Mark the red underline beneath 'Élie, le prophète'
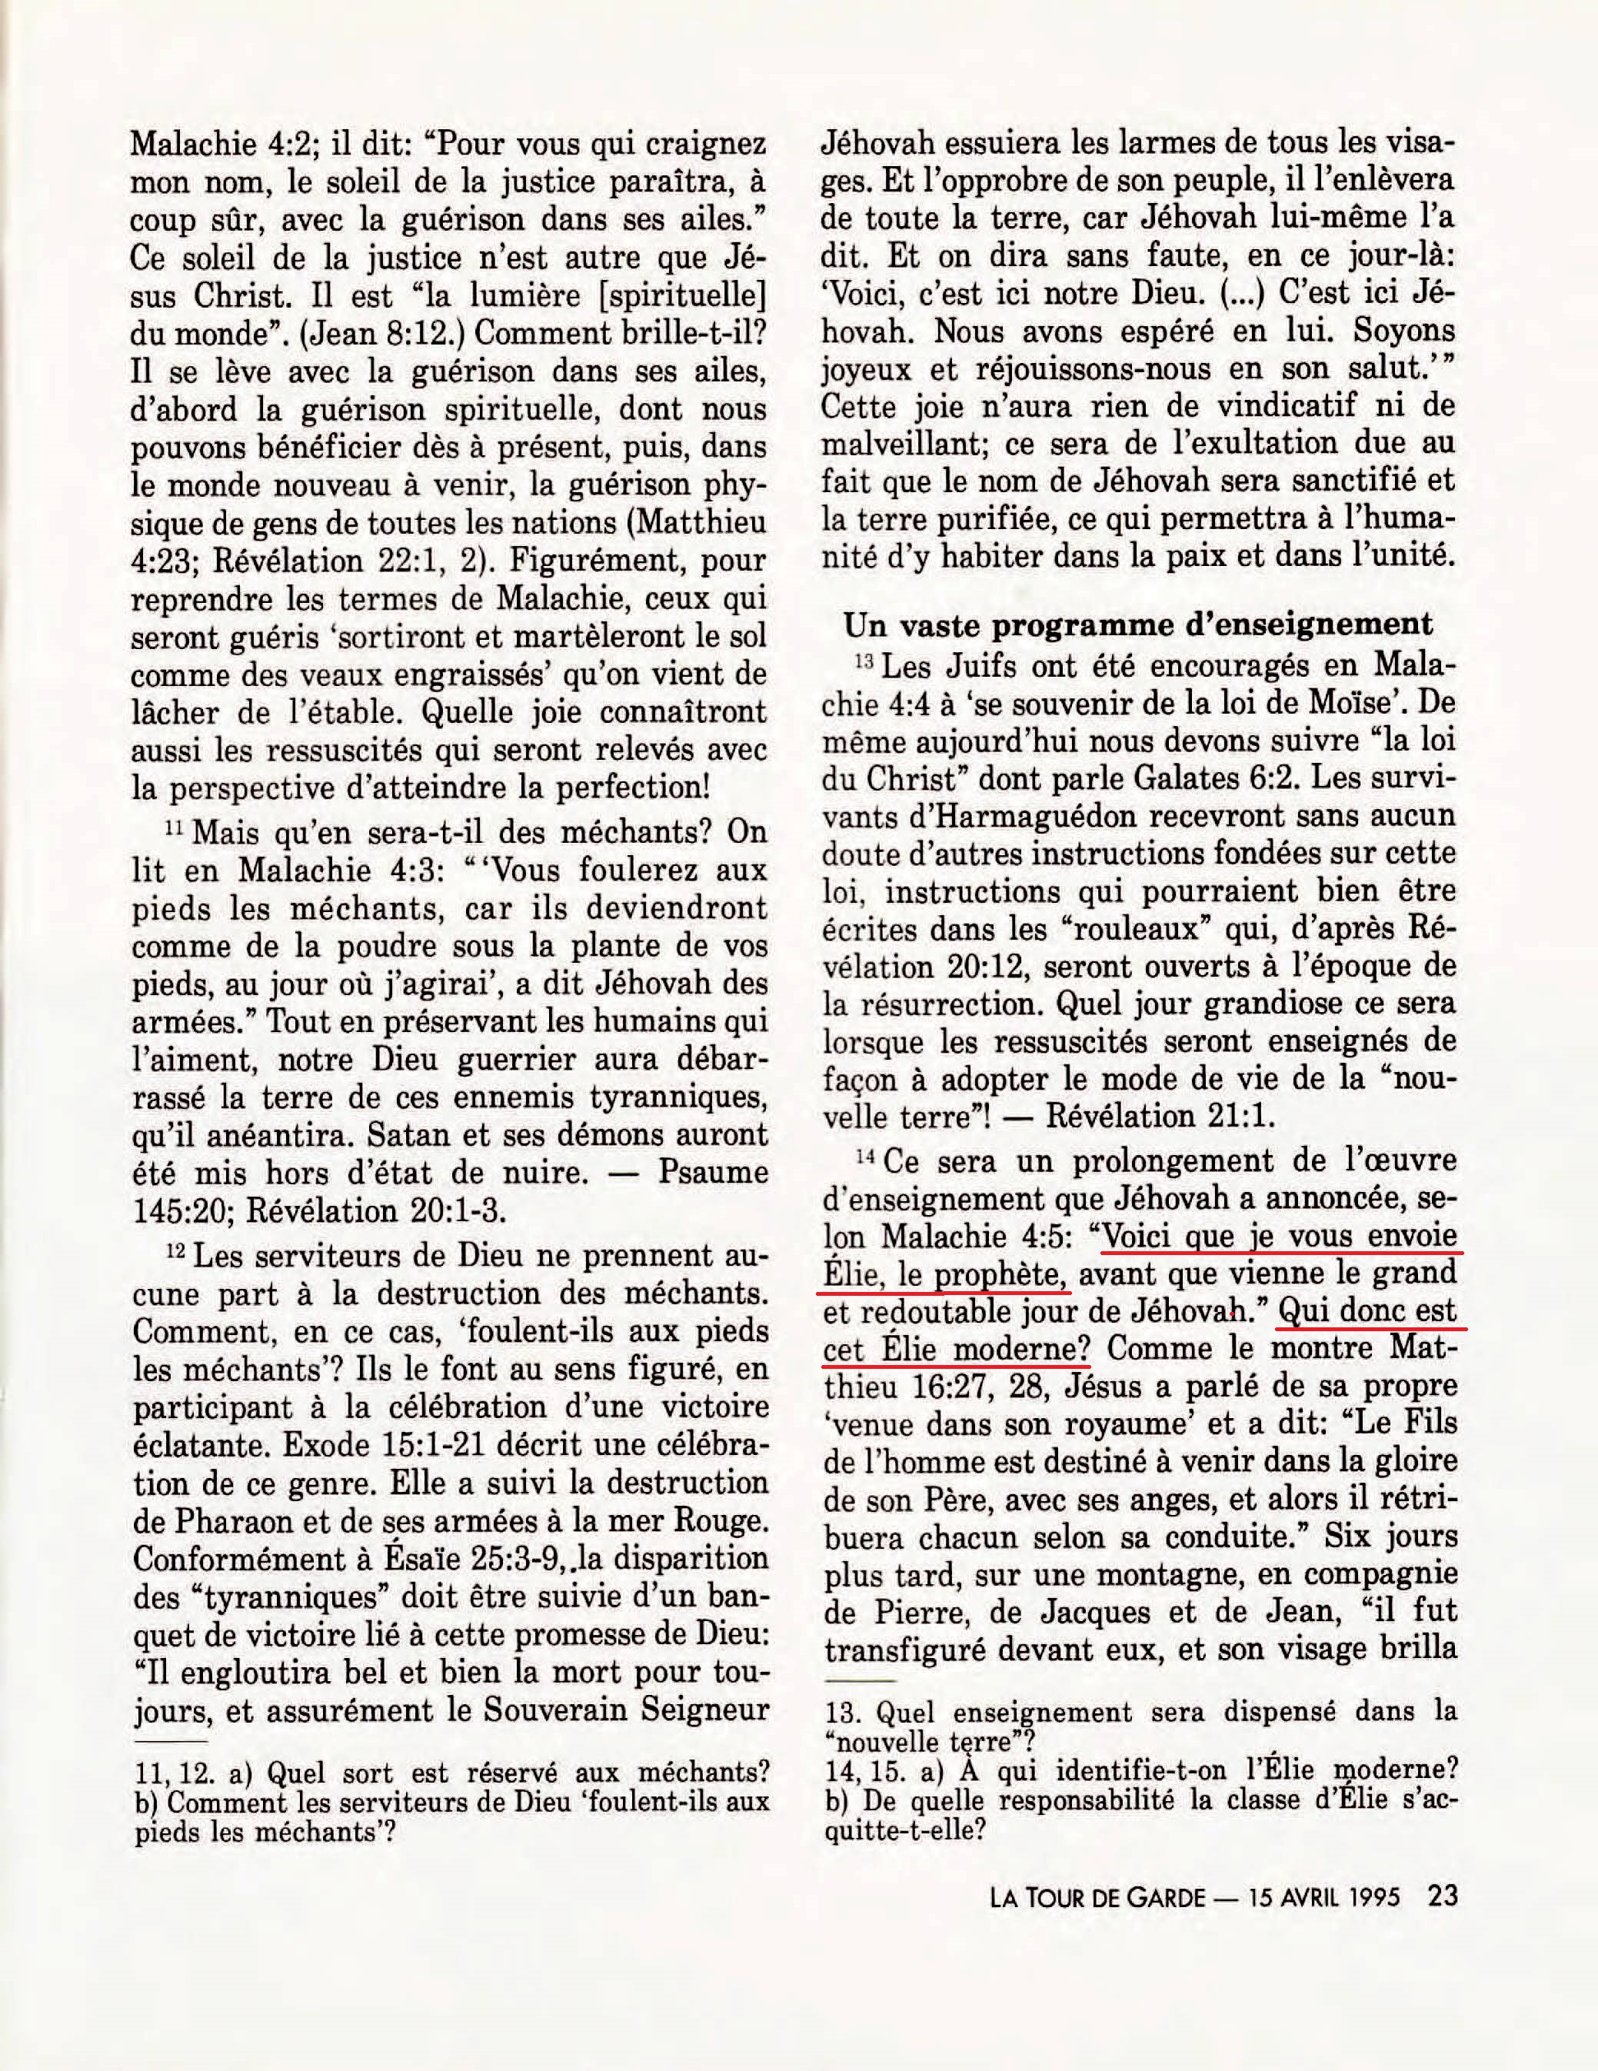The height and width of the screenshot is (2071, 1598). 944,1290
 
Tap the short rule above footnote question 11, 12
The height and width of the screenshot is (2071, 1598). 171,1743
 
